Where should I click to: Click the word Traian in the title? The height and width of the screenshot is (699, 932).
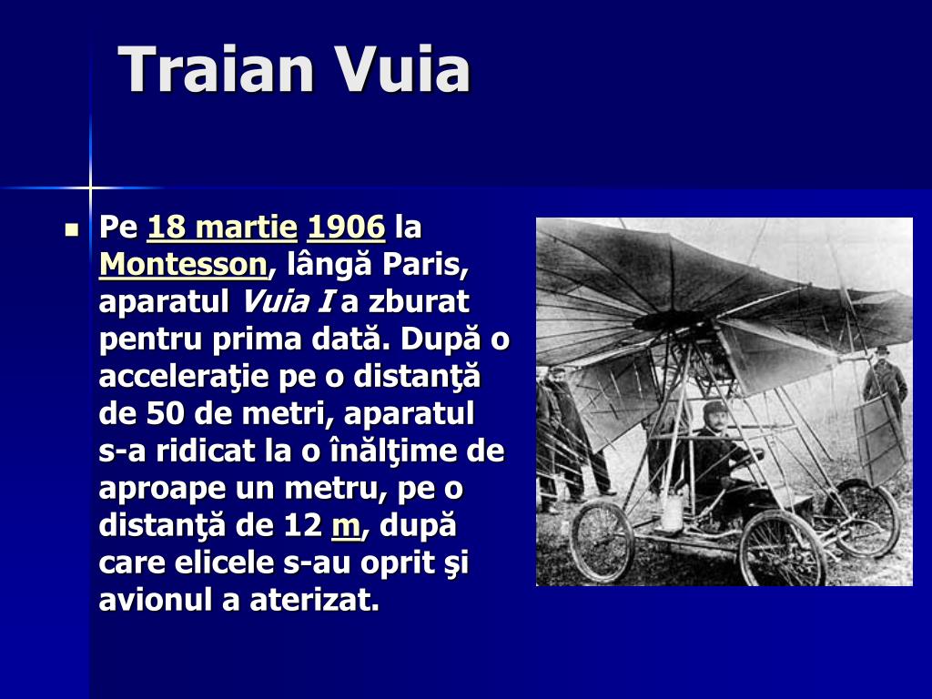click(x=216, y=69)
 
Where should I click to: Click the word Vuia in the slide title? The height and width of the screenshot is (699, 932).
click(x=402, y=69)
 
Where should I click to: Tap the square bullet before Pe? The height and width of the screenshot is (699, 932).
click(x=72, y=229)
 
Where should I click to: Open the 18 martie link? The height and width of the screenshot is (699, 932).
click(x=222, y=228)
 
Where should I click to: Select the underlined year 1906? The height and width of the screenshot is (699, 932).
click(x=346, y=228)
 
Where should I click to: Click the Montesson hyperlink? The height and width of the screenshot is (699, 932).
click(x=184, y=265)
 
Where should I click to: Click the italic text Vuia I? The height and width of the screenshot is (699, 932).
click(x=287, y=302)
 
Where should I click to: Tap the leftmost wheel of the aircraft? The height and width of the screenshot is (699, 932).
click(x=602, y=540)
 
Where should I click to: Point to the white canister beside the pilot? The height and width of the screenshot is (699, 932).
click(x=671, y=512)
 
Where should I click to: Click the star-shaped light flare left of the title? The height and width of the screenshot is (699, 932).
click(x=90, y=187)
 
